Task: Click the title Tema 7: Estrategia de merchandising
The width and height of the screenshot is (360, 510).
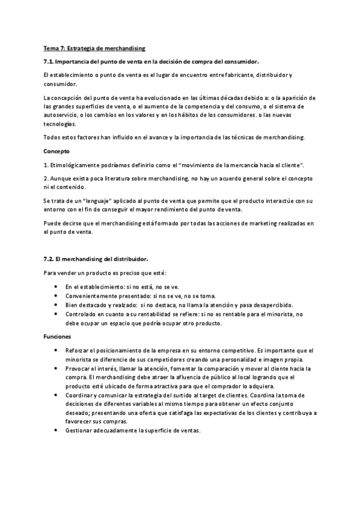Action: pos(94,48)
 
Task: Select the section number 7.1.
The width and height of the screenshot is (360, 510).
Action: pos(50,61)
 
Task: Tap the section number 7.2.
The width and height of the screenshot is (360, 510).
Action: pos(50,259)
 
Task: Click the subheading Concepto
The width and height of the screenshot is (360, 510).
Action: pos(57,151)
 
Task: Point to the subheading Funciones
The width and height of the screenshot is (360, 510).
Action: pos(58,336)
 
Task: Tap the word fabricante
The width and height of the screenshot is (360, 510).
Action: pos(230,75)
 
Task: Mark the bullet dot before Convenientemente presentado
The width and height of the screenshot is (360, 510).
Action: pos(56,296)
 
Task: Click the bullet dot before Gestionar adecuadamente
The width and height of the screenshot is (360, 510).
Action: pos(56,431)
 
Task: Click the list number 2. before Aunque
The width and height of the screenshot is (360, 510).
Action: pos(46,179)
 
